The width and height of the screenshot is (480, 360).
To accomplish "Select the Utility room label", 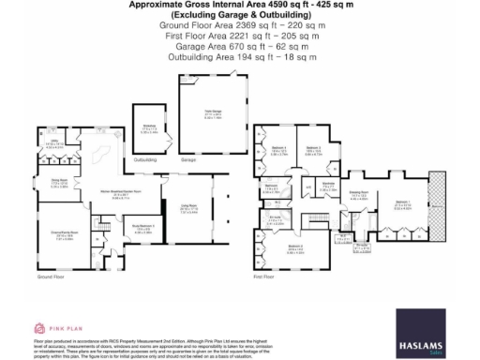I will (54, 144).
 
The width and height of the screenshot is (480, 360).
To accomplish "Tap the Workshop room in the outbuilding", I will (149, 130).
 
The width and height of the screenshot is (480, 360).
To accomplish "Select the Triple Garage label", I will (212, 117).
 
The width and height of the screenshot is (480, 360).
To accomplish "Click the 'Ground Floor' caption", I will (51, 277).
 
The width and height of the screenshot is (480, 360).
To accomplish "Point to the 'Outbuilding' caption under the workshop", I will (146, 159).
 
